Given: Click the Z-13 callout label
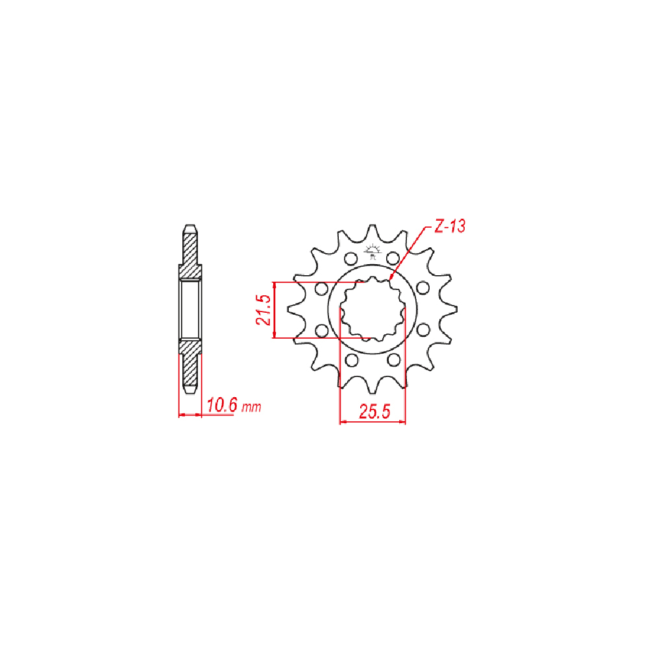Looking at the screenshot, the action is (x=450, y=226).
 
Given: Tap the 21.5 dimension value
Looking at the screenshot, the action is (x=263, y=310).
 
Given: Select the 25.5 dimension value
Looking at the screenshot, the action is (x=374, y=412).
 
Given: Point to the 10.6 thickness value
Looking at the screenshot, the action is (x=222, y=405).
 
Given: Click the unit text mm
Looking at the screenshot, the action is (x=251, y=408).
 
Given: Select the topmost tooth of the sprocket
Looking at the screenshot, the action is (x=372, y=232).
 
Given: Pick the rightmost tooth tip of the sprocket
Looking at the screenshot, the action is (x=456, y=309).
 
